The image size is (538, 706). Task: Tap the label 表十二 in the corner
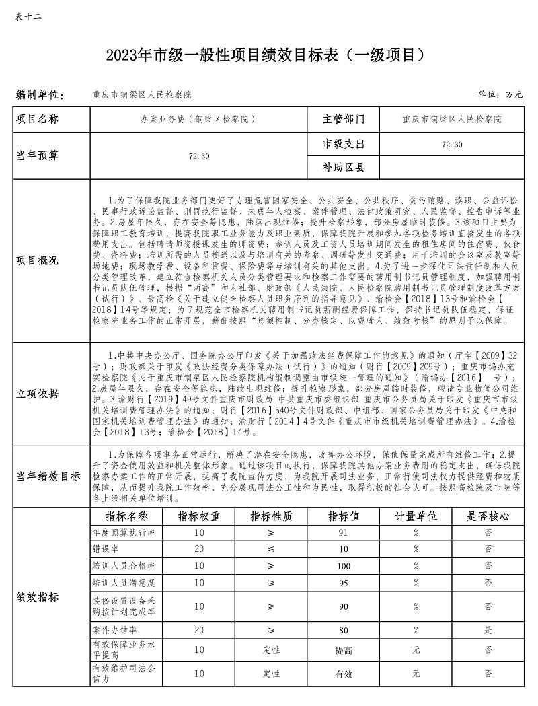click(x=28, y=16)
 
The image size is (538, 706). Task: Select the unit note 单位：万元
click(x=500, y=94)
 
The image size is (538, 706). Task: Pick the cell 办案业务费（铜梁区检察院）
click(x=194, y=119)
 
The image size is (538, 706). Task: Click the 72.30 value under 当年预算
click(x=200, y=155)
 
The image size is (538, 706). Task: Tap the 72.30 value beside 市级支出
click(x=452, y=144)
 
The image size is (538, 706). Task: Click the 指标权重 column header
click(x=199, y=516)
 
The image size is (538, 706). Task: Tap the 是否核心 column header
click(x=488, y=516)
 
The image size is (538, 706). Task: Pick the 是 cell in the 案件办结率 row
click(x=488, y=631)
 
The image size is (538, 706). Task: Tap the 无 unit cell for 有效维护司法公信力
click(x=416, y=674)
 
